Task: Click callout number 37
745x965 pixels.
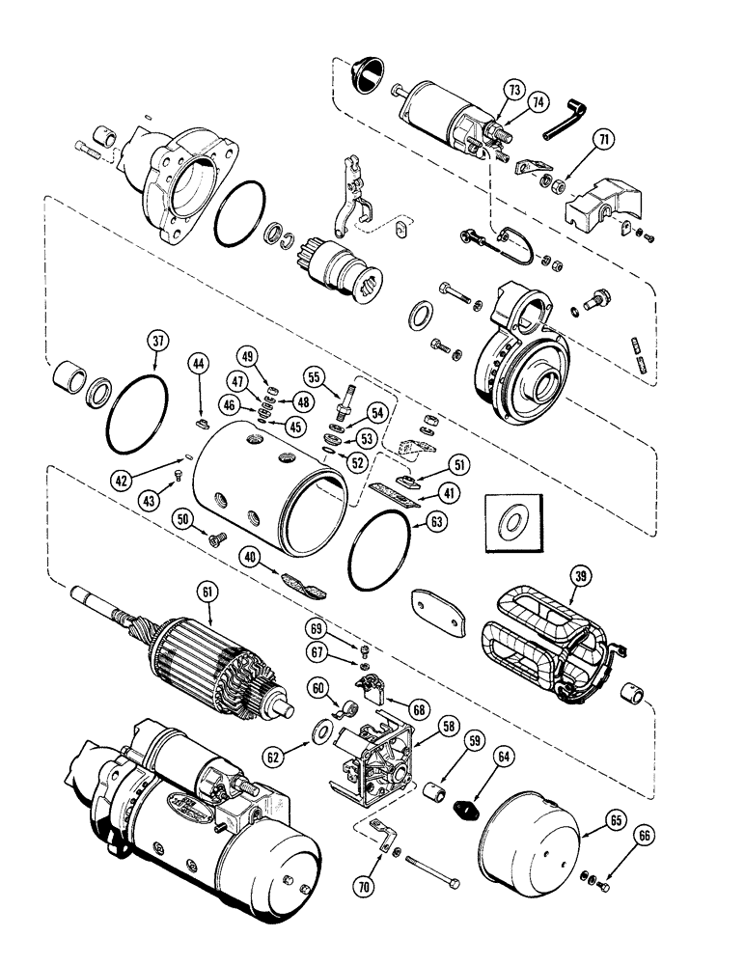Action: pyautogui.click(x=157, y=342)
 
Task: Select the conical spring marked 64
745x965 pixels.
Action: pyautogui.click(x=467, y=803)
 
